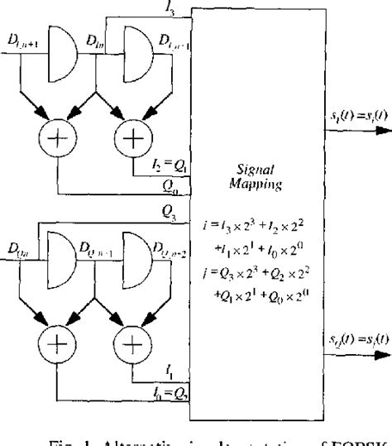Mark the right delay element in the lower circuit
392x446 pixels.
pos(134,268)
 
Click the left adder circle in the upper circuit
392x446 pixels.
pos(56,137)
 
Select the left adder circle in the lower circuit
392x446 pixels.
pos(56,352)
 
